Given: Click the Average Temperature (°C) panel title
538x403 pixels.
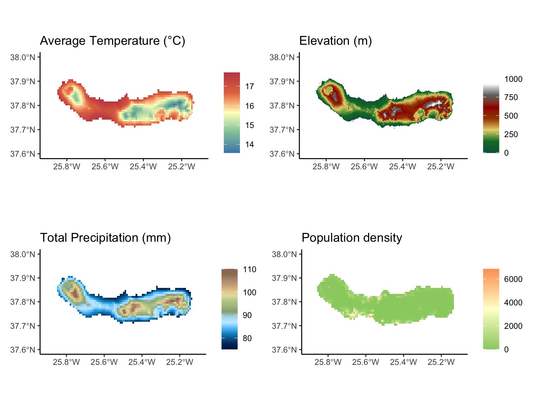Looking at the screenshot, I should click(112, 41).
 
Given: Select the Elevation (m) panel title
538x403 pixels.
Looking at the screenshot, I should click(335, 41).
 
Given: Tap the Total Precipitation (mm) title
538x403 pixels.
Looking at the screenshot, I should click(105, 238).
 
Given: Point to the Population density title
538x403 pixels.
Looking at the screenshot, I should click(352, 238).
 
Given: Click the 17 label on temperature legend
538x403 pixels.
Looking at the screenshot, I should click(249, 87).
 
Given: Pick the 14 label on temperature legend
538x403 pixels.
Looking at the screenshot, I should click(249, 144).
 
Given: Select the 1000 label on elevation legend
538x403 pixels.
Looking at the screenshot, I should click(513, 79).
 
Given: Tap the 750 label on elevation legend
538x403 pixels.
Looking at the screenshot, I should click(511, 98).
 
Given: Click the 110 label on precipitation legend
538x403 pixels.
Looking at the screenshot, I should click(249, 270).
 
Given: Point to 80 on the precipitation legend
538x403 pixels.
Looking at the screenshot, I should click(247, 338).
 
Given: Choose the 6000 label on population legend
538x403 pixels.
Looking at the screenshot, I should click(513, 279).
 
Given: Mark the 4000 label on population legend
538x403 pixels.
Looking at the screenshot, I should click(513, 303).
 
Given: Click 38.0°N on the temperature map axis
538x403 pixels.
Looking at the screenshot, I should click(23, 57).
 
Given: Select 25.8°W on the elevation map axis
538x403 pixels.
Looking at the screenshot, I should click(326, 167).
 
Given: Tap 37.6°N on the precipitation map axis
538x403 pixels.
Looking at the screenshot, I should click(23, 350).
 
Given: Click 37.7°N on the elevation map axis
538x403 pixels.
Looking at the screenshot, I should click(282, 130).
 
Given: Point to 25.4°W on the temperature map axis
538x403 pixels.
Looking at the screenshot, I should click(143, 167).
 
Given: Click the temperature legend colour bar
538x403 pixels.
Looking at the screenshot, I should click(232, 113).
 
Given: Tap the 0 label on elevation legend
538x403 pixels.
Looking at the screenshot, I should click(506, 153).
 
